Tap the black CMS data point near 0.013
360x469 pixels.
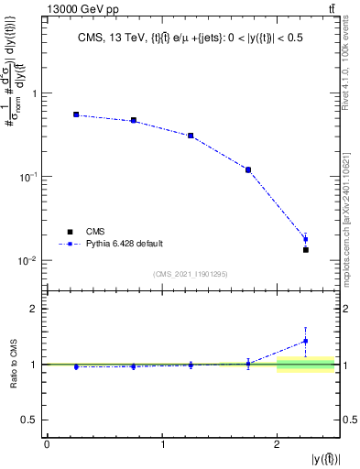click(306, 249)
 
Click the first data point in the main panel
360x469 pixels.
click(76, 115)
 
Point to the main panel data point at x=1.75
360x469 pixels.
click(248, 169)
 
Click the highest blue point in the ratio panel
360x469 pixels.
click(306, 342)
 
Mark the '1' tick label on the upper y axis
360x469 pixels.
click(34, 93)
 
